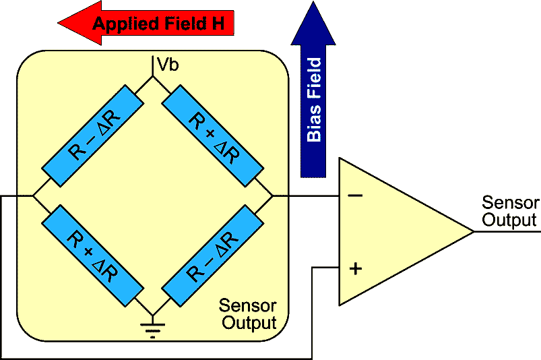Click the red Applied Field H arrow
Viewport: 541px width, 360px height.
coord(148,25)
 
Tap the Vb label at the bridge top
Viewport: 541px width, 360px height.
coord(167,65)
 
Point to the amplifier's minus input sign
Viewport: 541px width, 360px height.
coord(355,196)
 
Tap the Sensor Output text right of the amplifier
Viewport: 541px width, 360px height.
coord(510,211)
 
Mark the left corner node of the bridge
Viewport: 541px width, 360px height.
coord(33,196)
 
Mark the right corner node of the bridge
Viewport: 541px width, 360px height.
coord(272,196)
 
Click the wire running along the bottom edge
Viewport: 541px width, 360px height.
coord(155,357)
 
